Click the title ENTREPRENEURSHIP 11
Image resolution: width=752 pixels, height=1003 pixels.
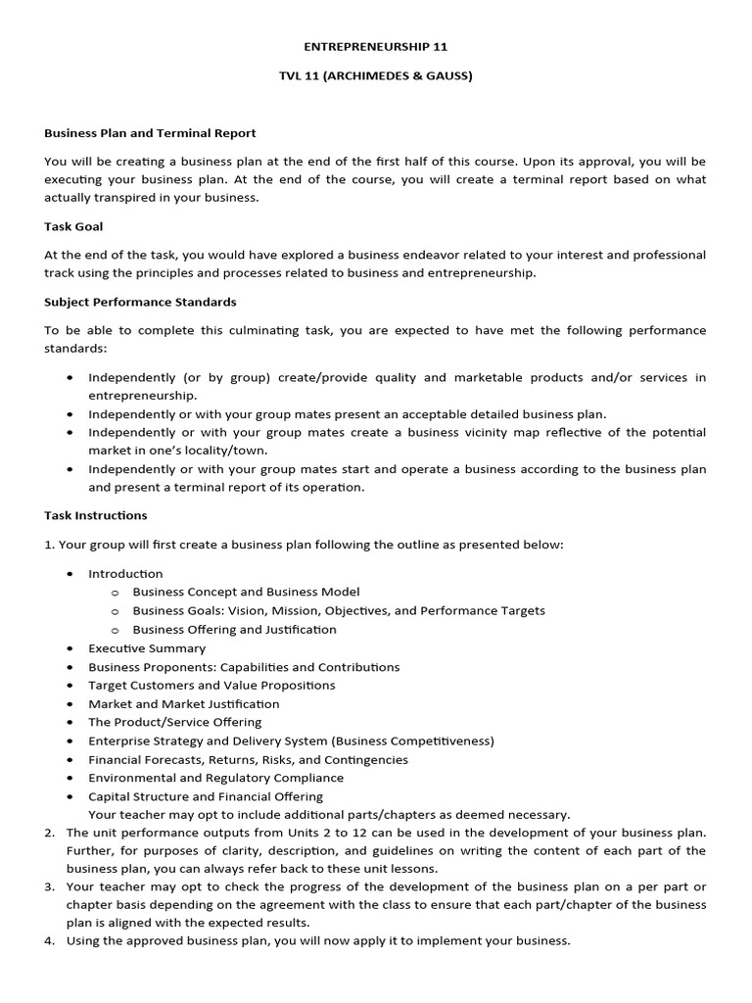tap(375, 46)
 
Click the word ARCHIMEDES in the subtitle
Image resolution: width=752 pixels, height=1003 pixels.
tap(371, 75)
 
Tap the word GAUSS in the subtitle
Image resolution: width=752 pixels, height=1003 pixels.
tap(445, 75)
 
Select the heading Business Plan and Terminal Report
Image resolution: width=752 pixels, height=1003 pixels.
tap(150, 133)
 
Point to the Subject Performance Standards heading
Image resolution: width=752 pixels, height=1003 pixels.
tap(140, 302)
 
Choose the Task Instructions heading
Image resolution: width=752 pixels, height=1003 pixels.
tap(96, 515)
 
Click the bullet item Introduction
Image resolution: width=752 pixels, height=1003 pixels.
tap(125, 574)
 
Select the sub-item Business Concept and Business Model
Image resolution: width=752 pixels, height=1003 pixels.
tap(246, 592)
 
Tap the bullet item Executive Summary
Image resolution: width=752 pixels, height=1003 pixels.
tap(147, 648)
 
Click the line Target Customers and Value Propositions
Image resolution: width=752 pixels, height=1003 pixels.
tap(211, 686)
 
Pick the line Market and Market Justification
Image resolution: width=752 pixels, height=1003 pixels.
tap(183, 704)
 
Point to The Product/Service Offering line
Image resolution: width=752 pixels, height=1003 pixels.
tap(174, 723)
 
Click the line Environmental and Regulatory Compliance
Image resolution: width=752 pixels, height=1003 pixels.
tap(215, 779)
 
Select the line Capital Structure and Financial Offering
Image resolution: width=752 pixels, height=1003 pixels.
tap(205, 797)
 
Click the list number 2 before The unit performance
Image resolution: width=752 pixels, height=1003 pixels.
tap(49, 833)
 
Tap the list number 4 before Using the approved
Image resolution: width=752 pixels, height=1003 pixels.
tap(49, 941)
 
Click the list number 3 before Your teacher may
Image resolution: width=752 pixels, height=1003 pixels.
tap(49, 887)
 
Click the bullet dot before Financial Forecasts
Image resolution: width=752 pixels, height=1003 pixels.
tap(70, 760)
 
